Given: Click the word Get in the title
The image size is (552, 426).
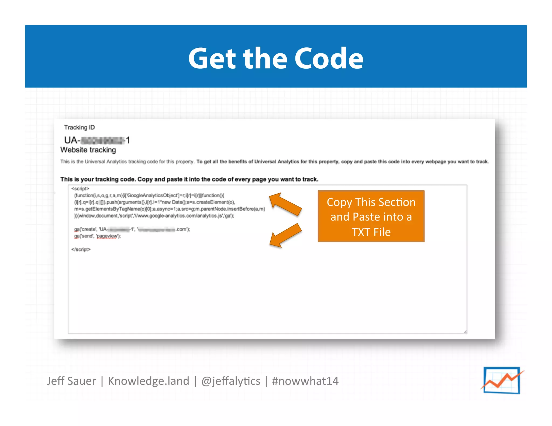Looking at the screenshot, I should pyautogui.click(x=212, y=59).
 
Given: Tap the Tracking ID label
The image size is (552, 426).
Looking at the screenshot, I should pyautogui.click(x=79, y=127).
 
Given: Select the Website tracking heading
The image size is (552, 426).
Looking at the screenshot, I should pyautogui.click(x=88, y=150).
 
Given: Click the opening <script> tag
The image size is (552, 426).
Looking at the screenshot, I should pyautogui.click(x=80, y=189).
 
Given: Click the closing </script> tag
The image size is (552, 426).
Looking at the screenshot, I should pyautogui.click(x=81, y=250).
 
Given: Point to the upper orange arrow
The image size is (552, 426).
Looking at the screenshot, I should pyautogui.click(x=285, y=204).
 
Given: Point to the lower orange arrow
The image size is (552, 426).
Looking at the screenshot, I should pyautogui.click(x=285, y=236).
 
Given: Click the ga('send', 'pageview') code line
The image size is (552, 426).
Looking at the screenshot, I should pyautogui.click(x=97, y=236).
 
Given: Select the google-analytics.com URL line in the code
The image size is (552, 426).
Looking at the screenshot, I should pyautogui.click(x=154, y=216).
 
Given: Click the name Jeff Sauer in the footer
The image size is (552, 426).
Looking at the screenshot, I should pyautogui.click(x=71, y=381).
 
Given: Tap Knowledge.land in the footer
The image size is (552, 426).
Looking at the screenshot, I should pyautogui.click(x=149, y=381).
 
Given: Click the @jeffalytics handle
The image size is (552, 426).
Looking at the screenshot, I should pyautogui.click(x=231, y=381).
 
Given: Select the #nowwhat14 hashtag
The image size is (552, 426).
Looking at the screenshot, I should pyautogui.click(x=305, y=381).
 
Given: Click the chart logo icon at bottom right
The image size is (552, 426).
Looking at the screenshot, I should pyautogui.click(x=502, y=380).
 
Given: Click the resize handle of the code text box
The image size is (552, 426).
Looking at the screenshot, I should pyautogui.click(x=465, y=332).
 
